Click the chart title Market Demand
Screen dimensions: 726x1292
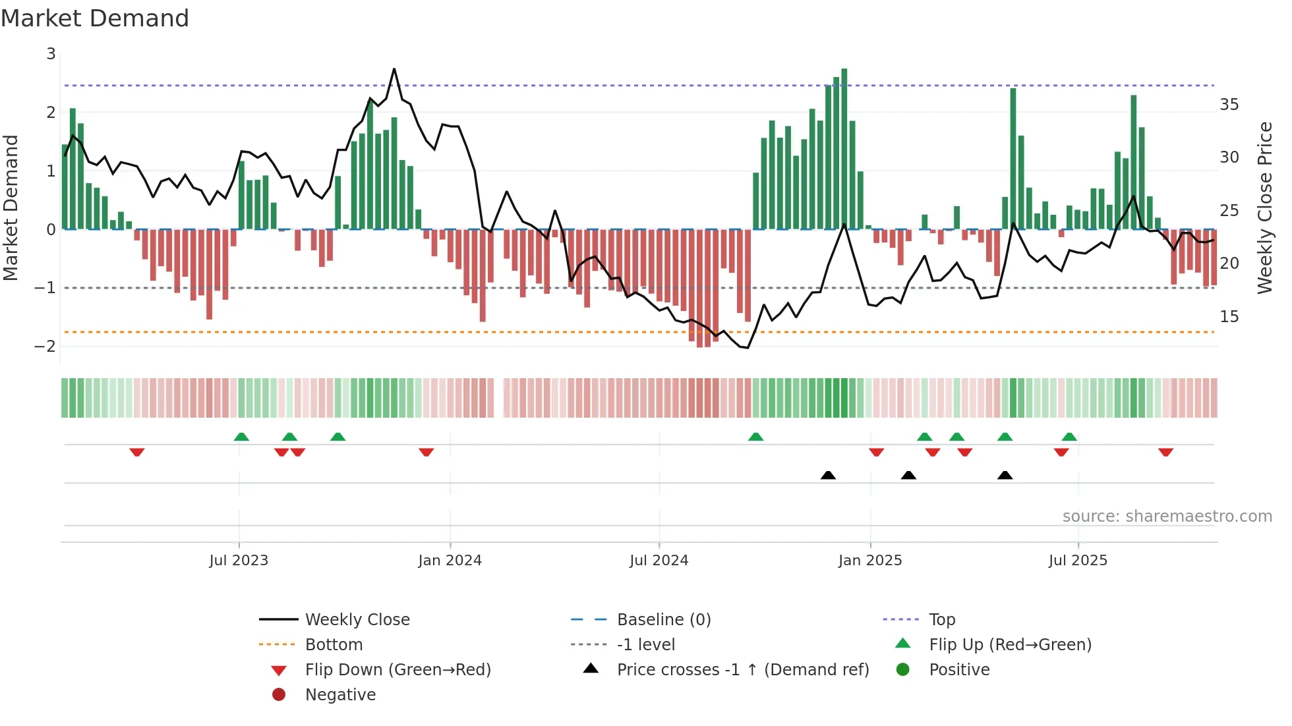(95, 18)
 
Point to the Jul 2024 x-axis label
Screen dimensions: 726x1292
(659, 561)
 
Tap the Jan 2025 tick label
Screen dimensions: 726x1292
(869, 561)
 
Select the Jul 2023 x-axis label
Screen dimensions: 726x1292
(239, 561)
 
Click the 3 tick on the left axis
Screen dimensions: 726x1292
(51, 54)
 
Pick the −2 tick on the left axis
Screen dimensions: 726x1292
(45, 346)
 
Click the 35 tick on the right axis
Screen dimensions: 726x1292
(1229, 105)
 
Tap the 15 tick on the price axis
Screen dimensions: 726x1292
(1229, 317)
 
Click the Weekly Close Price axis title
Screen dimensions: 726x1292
(1264, 208)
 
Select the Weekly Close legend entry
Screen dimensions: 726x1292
(357, 620)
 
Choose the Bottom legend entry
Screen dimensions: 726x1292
(334, 645)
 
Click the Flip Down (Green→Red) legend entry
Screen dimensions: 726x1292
(397, 670)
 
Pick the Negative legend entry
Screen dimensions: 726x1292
(340, 695)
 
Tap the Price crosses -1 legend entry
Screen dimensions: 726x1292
(742, 670)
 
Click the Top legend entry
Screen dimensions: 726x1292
(941, 620)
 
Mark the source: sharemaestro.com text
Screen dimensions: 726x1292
(1167, 517)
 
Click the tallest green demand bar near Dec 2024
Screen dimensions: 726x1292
(844, 148)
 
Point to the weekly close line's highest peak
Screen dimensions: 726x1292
(394, 69)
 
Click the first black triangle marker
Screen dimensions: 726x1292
(828, 475)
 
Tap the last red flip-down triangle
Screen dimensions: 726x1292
(1165, 452)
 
